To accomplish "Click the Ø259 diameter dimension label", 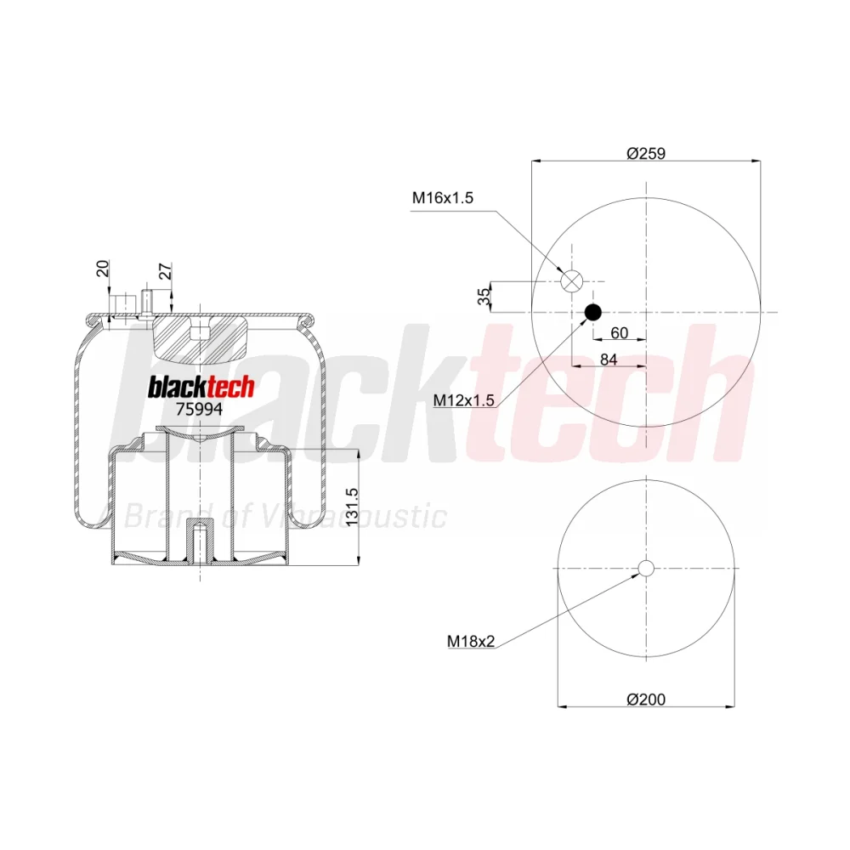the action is (646, 153).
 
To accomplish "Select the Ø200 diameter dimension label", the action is (646, 700).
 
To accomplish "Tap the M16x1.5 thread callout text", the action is (442, 198).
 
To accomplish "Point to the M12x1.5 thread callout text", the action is (463, 400).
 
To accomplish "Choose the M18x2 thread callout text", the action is (471, 641).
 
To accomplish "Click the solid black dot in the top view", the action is (593, 312).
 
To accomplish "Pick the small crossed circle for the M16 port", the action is (571, 281).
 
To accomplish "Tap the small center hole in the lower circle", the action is (646, 568).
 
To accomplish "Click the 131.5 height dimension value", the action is (352, 507).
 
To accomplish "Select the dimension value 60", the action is (619, 332).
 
